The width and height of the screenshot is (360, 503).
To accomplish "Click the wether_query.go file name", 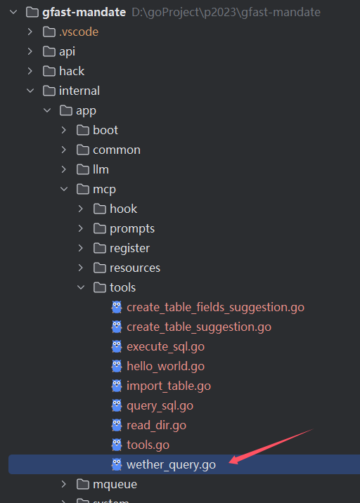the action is click(x=171, y=465).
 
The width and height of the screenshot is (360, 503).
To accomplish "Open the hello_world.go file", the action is click(x=165, y=366).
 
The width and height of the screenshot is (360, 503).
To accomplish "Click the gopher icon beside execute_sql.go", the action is click(x=117, y=346).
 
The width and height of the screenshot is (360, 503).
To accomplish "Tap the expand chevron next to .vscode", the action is click(x=30, y=32).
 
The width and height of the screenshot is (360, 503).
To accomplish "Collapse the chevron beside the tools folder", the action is click(x=81, y=287).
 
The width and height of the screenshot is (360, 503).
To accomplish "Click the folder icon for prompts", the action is click(x=100, y=229).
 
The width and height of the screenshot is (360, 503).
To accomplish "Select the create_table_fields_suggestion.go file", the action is click(x=215, y=307).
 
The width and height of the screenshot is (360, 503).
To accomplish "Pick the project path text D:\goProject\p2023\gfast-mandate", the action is click(x=226, y=12).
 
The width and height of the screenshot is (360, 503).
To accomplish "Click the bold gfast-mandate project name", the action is click(x=84, y=12).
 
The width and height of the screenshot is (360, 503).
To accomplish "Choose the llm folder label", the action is click(x=101, y=169).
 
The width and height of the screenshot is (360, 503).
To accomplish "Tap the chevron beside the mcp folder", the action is click(x=64, y=189).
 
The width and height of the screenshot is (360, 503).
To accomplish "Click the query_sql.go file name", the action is click(x=160, y=406).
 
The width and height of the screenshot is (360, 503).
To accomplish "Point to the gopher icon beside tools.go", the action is click(x=117, y=445).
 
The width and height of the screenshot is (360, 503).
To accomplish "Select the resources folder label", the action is click(x=135, y=268).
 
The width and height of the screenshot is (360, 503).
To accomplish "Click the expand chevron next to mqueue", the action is click(x=63, y=485).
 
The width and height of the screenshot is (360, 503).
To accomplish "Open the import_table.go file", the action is click(x=169, y=386).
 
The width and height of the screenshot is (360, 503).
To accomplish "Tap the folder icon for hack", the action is click(x=49, y=71).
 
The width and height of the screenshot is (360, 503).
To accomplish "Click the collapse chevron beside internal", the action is click(x=30, y=91).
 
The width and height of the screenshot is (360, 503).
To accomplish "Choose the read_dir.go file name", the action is click(x=156, y=425).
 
